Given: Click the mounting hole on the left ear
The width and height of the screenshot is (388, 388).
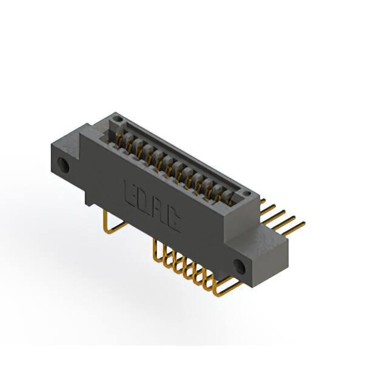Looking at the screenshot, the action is (63, 164).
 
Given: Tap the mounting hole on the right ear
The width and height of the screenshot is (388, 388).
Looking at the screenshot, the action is (240, 267).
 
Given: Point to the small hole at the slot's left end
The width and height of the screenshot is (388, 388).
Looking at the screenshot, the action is (119, 119).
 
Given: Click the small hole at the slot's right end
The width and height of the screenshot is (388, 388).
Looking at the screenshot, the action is (246, 193).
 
